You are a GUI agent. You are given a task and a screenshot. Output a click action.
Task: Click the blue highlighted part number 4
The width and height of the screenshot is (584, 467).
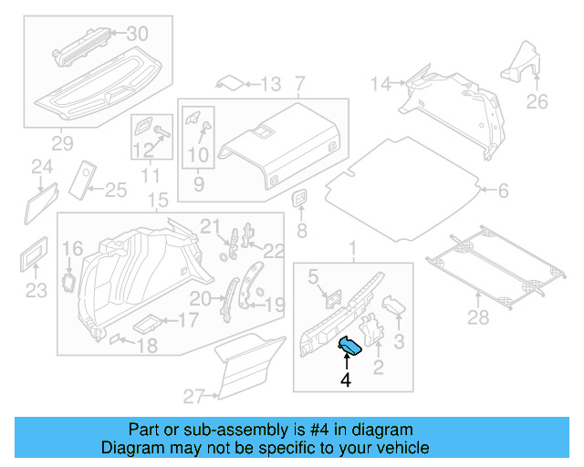(350, 345)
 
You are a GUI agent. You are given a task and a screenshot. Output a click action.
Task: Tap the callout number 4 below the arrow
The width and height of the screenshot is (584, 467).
(347, 379)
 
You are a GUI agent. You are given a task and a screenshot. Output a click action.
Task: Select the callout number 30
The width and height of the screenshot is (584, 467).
(136, 34)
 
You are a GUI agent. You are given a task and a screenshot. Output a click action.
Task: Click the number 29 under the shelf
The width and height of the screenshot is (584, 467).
(62, 144)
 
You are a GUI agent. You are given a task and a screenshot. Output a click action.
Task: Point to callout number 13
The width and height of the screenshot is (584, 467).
(270, 85)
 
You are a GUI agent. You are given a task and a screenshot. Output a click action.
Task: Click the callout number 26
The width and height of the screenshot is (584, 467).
(537, 101)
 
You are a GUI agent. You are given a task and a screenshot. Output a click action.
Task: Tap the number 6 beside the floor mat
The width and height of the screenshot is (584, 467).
(501, 191)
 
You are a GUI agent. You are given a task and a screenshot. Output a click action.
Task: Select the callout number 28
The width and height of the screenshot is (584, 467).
(478, 317)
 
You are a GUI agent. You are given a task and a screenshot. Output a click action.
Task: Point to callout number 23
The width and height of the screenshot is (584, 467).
(35, 291)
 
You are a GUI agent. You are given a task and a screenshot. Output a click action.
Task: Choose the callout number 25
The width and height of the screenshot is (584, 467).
(115, 190)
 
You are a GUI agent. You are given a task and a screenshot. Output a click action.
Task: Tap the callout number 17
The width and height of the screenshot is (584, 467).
(186, 320)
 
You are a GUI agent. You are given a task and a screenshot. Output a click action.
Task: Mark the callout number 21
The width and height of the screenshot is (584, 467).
(211, 226)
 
